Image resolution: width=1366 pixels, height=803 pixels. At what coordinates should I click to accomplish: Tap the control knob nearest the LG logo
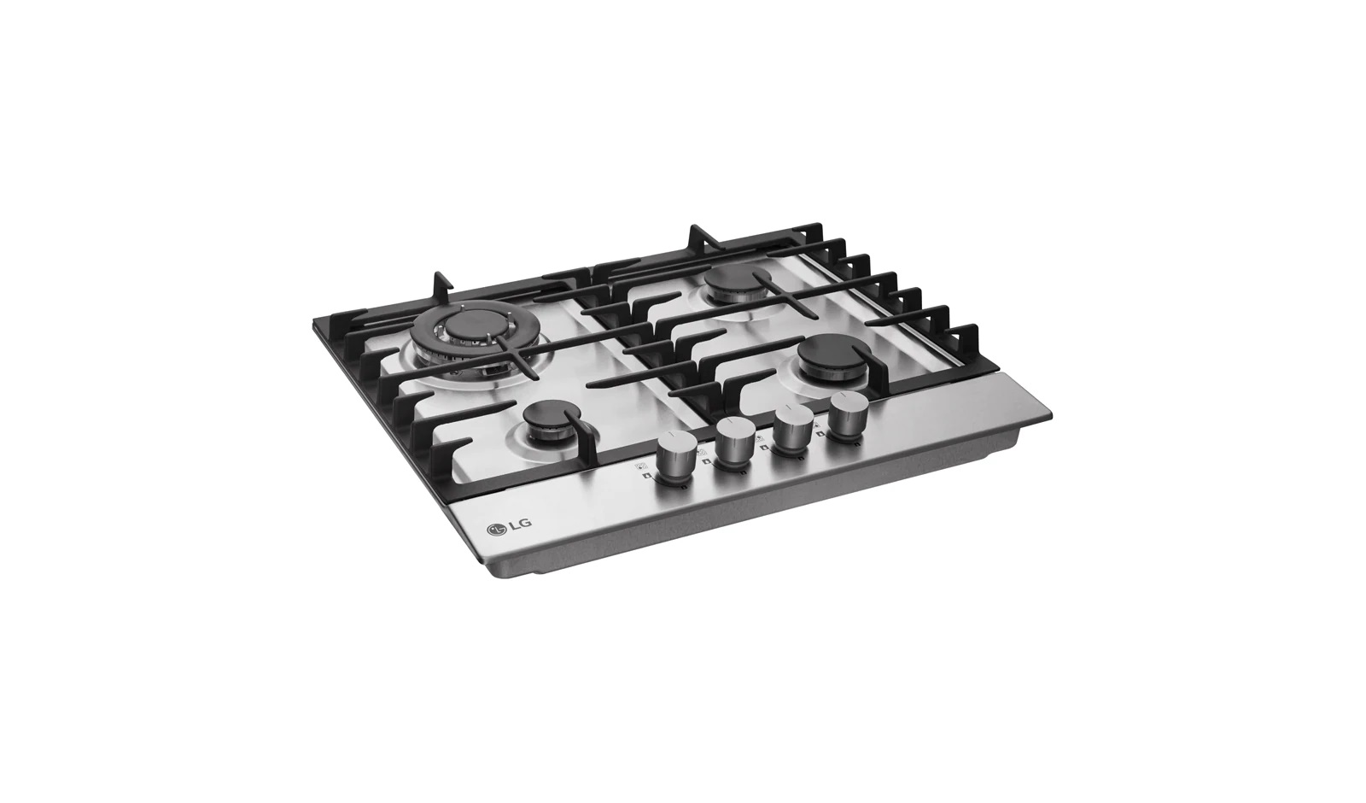[675, 458]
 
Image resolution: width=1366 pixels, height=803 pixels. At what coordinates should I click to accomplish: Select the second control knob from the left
[735, 445]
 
